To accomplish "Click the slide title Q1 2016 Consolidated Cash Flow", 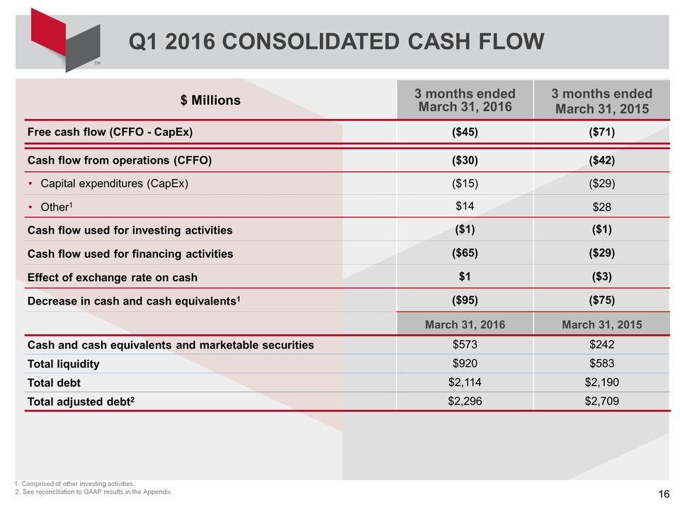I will (336, 42).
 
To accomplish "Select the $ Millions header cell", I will (210, 101).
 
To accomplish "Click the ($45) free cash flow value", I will (465, 132).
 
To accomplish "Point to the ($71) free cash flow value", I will (602, 132).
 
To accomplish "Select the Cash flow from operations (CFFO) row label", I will (119, 159).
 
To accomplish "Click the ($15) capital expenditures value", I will (465, 183).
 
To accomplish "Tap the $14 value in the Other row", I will (465, 205).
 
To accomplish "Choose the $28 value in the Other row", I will (602, 208).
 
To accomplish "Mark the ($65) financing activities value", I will (465, 253).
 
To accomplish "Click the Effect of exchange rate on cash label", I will (112, 277).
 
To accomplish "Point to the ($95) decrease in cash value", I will (465, 300).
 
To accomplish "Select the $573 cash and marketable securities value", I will (465, 345).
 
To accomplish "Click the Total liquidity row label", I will (63, 364).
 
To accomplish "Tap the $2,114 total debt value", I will (465, 382).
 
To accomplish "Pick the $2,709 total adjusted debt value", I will (602, 402).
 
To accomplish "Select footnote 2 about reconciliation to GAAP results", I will (93, 492).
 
